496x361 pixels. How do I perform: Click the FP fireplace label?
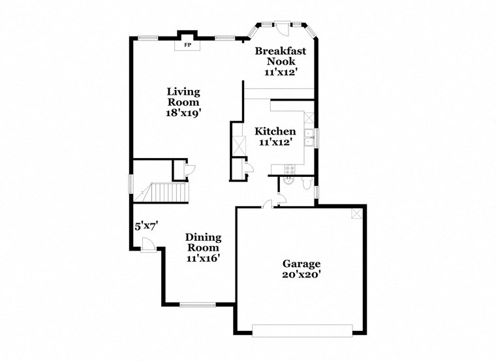188,45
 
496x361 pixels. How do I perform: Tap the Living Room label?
183,102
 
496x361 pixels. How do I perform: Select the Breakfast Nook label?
281,61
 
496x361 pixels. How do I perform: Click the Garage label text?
302,269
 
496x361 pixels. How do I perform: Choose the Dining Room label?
202,247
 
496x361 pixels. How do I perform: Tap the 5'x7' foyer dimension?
147,226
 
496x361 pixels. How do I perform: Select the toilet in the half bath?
307,183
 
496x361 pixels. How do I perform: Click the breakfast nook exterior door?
281,29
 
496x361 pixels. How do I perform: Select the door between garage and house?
268,204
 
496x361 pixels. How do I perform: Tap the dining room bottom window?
198,304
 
